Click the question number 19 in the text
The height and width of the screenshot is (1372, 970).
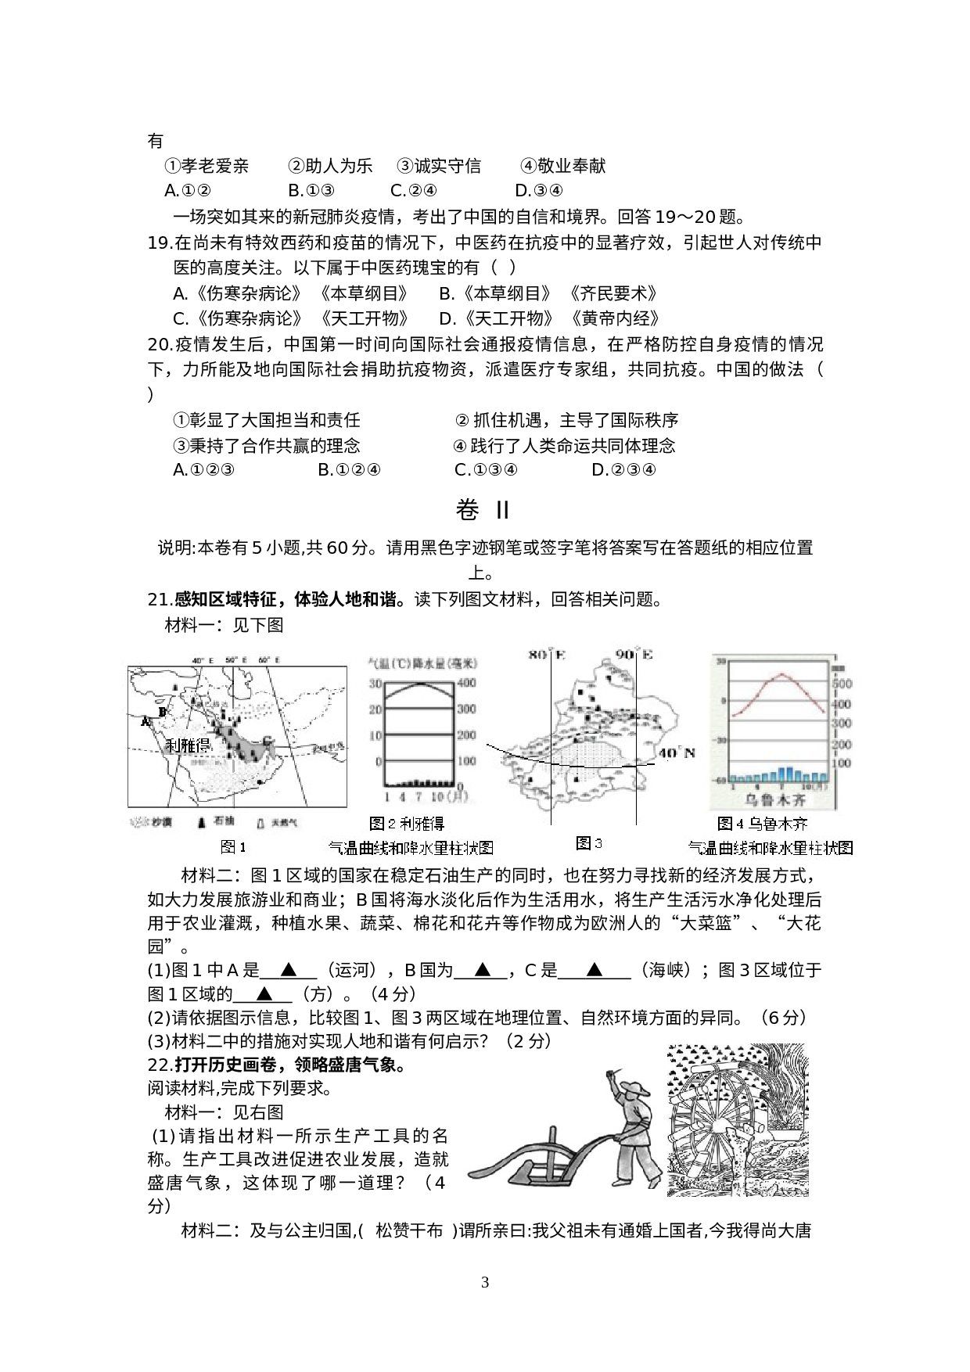(x=159, y=243)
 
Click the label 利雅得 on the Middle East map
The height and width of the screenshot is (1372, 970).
(x=189, y=744)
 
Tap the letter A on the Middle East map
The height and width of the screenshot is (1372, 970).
(x=145, y=721)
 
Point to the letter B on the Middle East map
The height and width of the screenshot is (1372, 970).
(x=162, y=712)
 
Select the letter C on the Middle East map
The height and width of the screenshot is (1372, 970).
(x=268, y=740)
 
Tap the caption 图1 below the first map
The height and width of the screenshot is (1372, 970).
(x=233, y=846)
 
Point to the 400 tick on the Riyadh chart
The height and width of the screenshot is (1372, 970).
(x=466, y=684)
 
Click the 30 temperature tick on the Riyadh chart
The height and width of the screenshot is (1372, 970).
(x=375, y=684)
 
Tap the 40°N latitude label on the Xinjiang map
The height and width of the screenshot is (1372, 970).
(x=676, y=753)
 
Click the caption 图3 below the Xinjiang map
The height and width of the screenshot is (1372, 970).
(x=588, y=842)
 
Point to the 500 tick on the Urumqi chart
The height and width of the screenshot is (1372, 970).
(x=842, y=684)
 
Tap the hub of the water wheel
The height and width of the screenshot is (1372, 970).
(x=717, y=1125)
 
